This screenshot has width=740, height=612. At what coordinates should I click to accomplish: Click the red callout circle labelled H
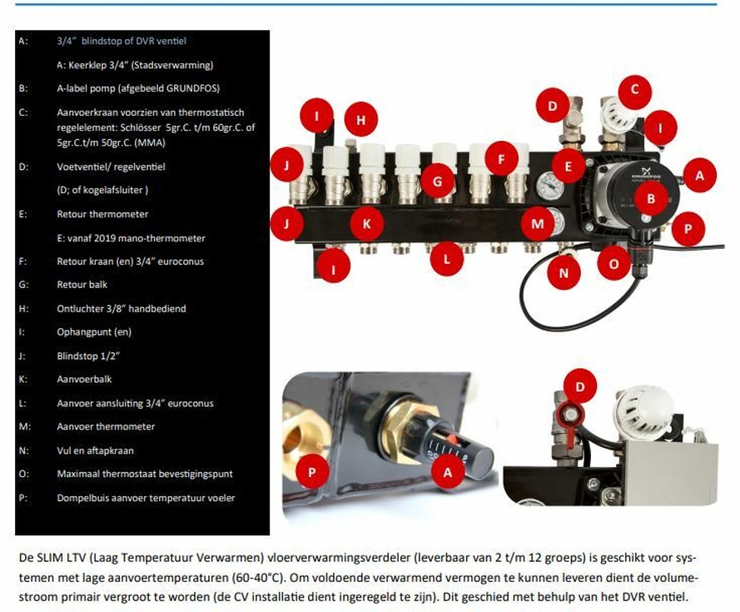(x=360, y=120)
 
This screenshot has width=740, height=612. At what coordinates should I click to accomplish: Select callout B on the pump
(x=652, y=197)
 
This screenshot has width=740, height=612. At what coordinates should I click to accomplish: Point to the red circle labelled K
(x=367, y=222)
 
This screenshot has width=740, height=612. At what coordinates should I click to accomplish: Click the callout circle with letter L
(x=447, y=259)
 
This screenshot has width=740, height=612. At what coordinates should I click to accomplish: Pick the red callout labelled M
(x=538, y=222)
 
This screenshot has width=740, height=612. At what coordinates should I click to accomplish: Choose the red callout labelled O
(x=614, y=264)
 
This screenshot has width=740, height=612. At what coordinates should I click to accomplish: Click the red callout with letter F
(x=501, y=157)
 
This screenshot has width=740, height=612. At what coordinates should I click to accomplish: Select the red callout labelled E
(x=569, y=167)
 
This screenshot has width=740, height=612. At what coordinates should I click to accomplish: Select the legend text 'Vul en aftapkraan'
(x=95, y=450)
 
